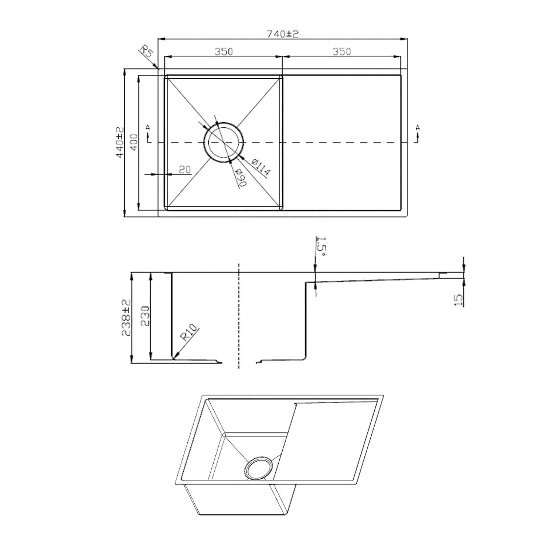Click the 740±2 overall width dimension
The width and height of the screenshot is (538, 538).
[283, 34]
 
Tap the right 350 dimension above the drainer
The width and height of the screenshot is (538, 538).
[341, 51]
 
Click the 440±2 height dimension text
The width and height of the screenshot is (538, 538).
[119, 142]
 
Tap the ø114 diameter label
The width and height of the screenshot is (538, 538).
[260, 167]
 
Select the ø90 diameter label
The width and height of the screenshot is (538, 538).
[241, 178]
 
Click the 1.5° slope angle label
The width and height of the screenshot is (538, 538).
[321, 247]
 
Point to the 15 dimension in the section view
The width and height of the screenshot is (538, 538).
[458, 299]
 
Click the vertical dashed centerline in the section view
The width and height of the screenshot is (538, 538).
[238, 318]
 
